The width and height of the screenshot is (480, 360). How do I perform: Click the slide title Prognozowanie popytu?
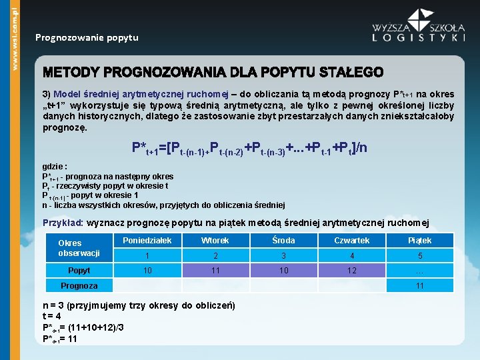click(87, 37)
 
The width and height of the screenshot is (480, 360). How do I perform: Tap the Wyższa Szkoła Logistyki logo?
click(419, 27)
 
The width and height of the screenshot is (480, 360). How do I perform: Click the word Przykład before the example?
click(63, 222)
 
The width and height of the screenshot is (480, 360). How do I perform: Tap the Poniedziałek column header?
click(147, 240)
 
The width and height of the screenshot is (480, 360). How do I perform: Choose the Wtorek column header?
click(215, 240)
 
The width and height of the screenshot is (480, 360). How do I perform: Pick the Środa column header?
click(283, 240)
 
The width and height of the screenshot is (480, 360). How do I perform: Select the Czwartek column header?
click(351, 240)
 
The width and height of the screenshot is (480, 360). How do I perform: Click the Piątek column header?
click(419, 240)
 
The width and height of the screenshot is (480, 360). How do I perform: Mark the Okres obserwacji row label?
click(79, 248)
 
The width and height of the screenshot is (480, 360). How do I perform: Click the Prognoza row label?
click(79, 285)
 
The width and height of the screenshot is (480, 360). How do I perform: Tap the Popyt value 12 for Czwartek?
click(351, 271)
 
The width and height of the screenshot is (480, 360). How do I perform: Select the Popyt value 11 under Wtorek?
click(215, 271)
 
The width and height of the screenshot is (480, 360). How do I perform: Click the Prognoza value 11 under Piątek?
click(419, 285)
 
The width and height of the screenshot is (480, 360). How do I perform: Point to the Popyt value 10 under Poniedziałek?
click(147, 271)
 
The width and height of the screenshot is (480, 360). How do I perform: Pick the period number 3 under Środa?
click(283, 255)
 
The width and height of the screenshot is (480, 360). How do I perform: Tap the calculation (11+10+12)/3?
click(100, 327)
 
